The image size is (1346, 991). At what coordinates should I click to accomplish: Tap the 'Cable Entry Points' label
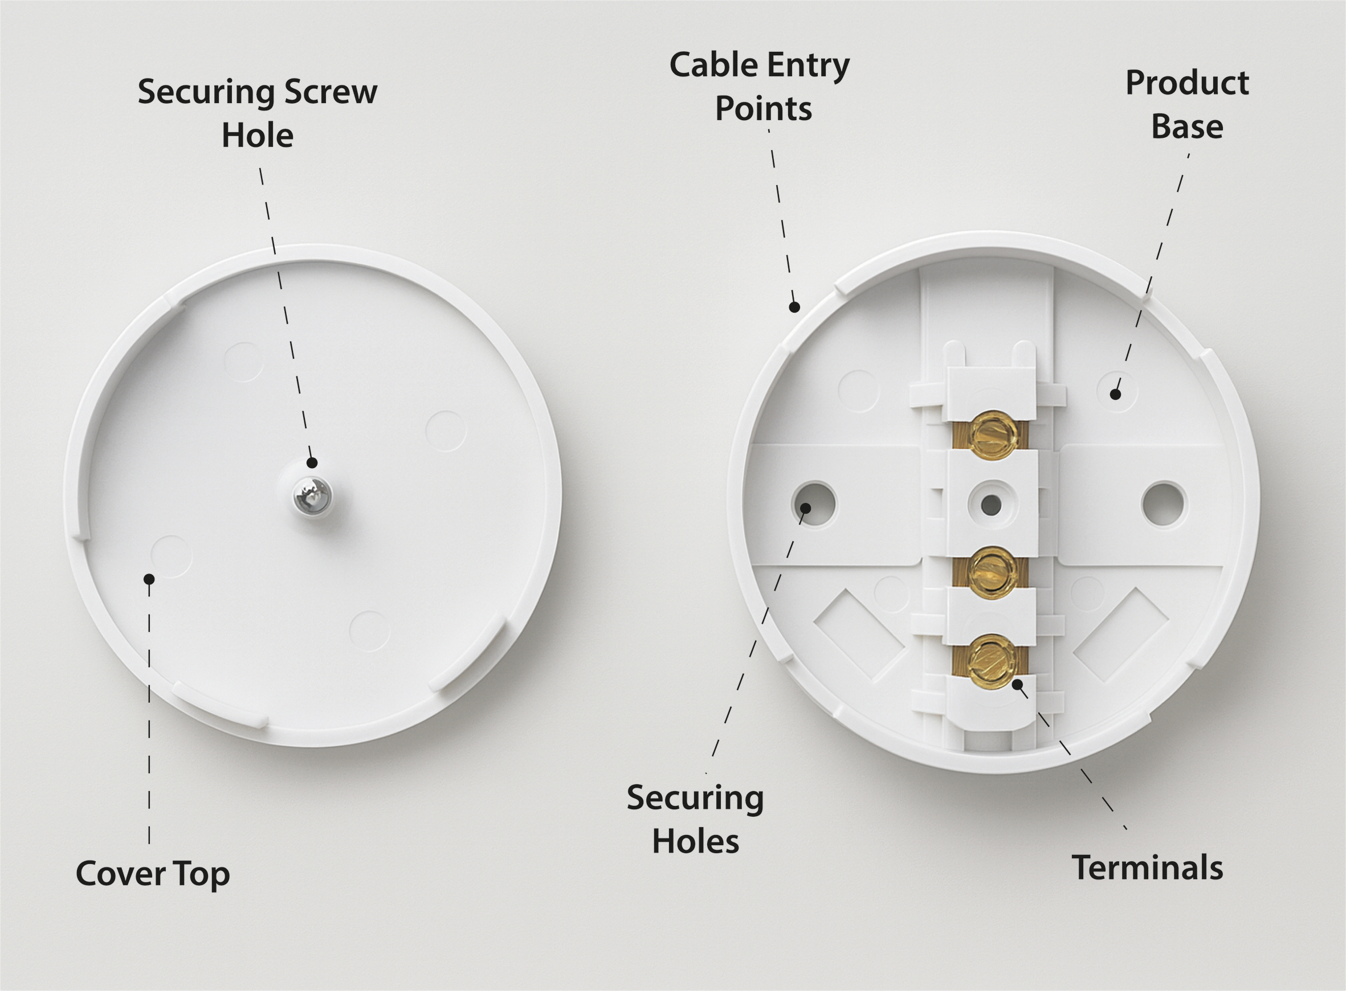point(760,87)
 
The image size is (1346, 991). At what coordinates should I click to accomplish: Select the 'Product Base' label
point(1187,104)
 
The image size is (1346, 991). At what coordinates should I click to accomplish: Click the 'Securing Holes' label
point(695,819)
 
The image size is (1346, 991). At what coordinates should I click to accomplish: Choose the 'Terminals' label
point(1147,868)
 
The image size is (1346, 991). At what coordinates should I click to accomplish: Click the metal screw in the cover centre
point(309,495)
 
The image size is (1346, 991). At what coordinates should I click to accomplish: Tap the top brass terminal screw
point(993,436)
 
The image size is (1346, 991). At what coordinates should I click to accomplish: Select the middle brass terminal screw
point(993,570)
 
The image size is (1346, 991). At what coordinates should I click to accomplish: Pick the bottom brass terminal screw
point(993,661)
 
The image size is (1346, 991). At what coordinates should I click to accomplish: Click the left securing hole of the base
point(814,504)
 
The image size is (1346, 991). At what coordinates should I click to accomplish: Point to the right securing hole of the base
point(1164,504)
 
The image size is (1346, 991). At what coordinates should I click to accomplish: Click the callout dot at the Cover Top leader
point(149,579)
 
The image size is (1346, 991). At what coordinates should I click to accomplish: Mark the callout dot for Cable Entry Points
point(794,307)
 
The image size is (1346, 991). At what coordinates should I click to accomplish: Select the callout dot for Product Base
point(1115,394)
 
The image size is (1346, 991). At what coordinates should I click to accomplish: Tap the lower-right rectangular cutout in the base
point(1120,634)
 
